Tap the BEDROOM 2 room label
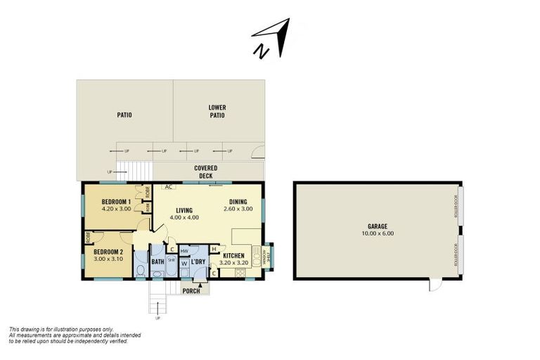108,252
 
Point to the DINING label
238,202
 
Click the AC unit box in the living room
169,187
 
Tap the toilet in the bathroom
141,270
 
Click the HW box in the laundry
184,251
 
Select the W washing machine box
184,264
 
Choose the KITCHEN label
234,256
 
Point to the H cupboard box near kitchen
213,248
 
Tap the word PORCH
191,290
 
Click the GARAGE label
378,226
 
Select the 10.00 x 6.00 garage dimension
378,233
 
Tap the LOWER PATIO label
217,111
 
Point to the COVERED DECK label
206,172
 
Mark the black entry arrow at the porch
201,284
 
